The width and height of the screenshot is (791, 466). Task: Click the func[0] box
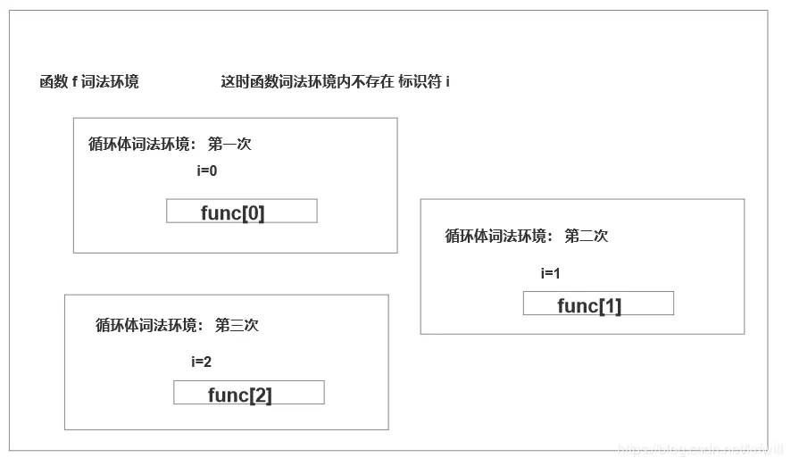tap(241, 212)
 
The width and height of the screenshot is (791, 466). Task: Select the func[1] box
tap(598, 304)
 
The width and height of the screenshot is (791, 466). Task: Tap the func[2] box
tap(248, 394)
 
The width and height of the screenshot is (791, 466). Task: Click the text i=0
tap(207, 171)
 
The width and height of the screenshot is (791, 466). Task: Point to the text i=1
tap(550, 273)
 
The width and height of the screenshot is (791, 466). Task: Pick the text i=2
tap(201, 362)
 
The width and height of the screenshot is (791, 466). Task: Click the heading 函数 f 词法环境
tap(89, 82)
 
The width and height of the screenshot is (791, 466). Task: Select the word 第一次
tap(229, 144)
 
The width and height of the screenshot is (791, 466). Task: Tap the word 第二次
tap(586, 236)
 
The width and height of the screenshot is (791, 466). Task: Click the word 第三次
tap(237, 325)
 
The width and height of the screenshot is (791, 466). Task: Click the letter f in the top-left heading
tap(75, 82)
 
